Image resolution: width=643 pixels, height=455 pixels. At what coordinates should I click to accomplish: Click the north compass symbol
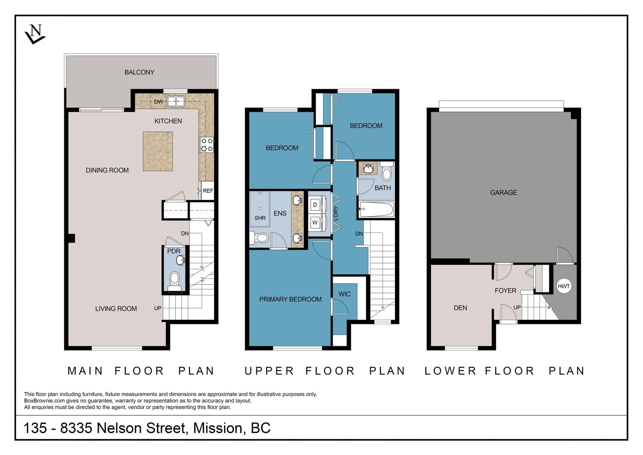click(x=35, y=34)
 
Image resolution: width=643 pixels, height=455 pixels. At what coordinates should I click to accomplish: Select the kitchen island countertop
click(x=158, y=151)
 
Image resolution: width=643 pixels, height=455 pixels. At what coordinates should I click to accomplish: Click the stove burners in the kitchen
click(x=207, y=144)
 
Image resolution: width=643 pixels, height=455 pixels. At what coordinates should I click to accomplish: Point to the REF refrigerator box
click(x=207, y=190)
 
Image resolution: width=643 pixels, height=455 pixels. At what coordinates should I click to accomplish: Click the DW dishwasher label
click(x=158, y=101)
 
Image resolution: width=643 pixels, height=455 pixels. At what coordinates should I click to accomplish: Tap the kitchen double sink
click(x=176, y=101)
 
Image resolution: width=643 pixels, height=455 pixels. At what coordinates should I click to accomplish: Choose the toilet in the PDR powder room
click(x=174, y=282)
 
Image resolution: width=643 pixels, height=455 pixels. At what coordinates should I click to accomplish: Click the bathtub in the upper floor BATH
click(x=377, y=209)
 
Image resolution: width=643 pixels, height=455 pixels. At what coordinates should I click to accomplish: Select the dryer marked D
click(x=315, y=205)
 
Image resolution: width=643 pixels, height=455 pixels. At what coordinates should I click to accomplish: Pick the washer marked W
click(x=315, y=222)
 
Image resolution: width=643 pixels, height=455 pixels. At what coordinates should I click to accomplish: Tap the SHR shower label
click(x=260, y=218)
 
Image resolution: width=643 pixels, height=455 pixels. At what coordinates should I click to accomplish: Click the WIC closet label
click(x=344, y=294)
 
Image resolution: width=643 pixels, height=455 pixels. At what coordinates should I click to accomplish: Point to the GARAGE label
click(x=504, y=193)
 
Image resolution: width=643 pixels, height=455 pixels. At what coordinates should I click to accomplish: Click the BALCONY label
click(x=139, y=72)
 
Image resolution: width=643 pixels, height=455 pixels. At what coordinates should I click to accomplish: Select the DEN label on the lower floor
click(x=460, y=308)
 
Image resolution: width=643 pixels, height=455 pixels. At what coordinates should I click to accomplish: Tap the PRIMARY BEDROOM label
click(x=290, y=299)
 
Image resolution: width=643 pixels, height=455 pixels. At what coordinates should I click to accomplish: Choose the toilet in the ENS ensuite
click(x=259, y=238)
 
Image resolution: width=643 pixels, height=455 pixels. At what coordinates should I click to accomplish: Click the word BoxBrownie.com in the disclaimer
click(x=45, y=401)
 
